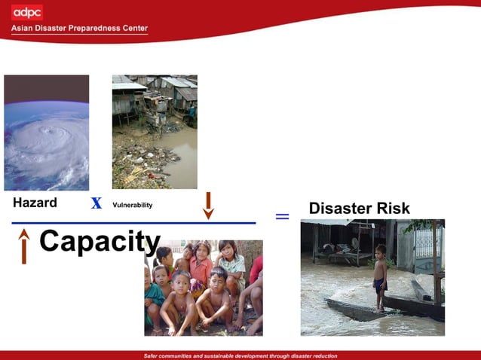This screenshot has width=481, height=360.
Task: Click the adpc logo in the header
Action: [27, 12]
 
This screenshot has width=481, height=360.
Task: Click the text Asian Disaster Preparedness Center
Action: [79, 29]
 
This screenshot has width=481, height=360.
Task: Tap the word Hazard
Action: [35, 203]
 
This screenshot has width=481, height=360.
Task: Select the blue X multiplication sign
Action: [97, 203]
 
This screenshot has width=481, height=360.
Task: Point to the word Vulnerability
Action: [132, 205]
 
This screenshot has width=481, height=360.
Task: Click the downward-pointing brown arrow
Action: [209, 206]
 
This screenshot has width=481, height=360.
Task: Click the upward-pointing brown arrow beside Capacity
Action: [24, 246]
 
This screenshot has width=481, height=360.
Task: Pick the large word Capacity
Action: [100, 242]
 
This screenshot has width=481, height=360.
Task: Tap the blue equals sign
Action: [282, 217]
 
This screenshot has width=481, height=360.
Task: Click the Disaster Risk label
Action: [360, 209]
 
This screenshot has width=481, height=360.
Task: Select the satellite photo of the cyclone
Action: [46, 133]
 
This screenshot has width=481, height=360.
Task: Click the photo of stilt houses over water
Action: [155, 132]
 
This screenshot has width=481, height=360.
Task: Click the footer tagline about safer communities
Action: [240, 355]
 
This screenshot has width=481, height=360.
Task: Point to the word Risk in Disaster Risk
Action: [392, 209]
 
